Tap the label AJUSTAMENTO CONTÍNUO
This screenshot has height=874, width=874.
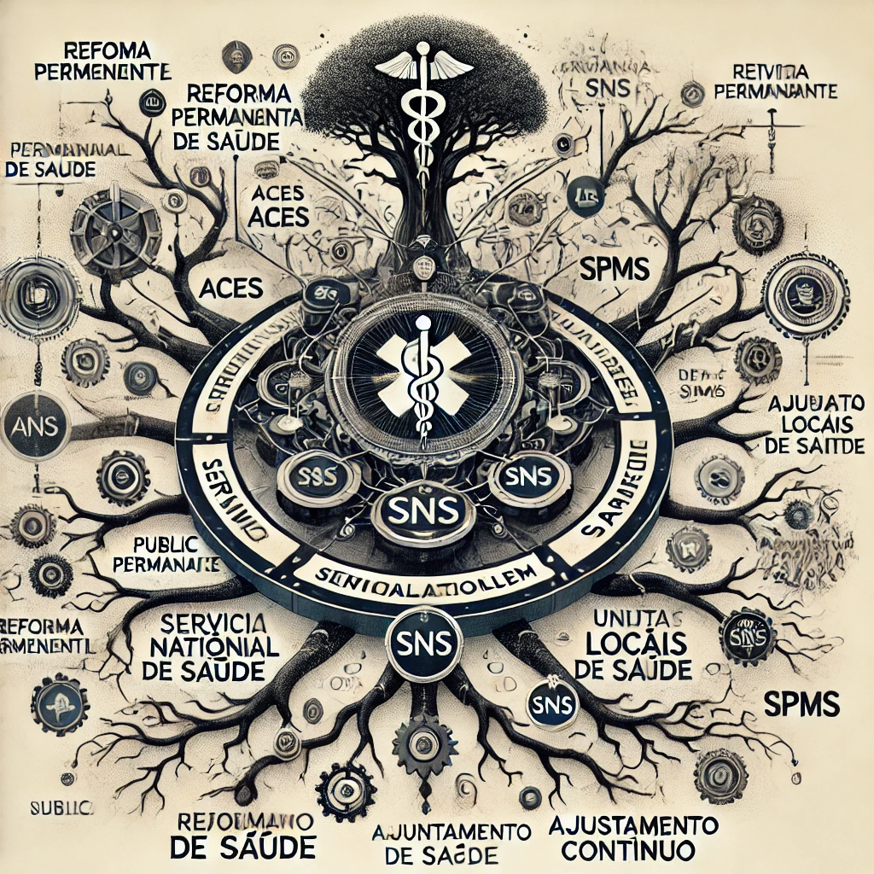tap(633, 837)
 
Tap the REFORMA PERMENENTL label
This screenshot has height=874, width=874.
tap(44, 636)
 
